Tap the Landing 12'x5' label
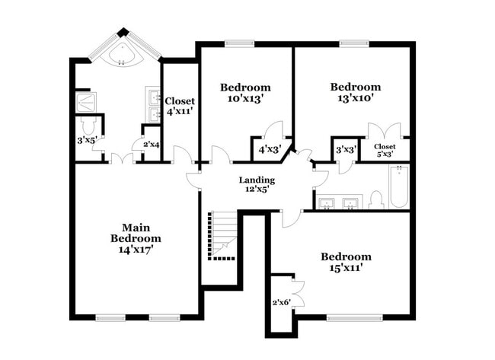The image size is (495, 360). click(257, 184)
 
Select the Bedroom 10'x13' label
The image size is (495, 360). click(245, 93)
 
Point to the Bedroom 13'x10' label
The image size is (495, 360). click(355, 93)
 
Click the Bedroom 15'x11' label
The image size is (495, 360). click(345, 262)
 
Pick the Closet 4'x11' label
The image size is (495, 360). click(180, 106)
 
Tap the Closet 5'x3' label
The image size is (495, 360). click(384, 151)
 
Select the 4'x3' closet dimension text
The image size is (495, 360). click(270, 149)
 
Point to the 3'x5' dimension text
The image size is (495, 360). click(85, 140)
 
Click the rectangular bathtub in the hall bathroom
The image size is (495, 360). click(398, 187)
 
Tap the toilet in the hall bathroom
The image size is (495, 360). click(375, 199)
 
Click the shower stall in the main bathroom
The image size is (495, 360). click(85, 101)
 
